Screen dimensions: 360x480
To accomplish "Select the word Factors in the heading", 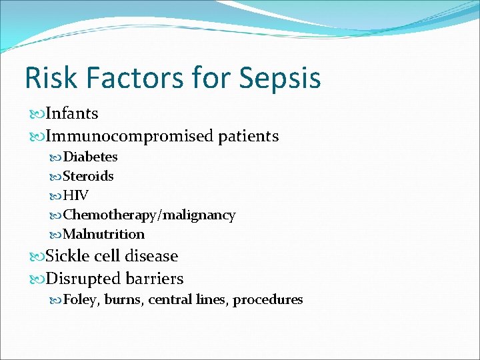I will (142, 77).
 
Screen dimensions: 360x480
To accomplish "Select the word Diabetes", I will (90, 157).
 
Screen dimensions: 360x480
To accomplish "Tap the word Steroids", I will (88, 176).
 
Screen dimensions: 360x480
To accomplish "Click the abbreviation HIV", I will (75, 195).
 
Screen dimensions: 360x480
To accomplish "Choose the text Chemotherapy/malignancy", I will (149, 215).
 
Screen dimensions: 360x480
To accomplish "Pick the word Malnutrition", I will (103, 234).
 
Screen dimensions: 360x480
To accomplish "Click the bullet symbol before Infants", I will (37, 114).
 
